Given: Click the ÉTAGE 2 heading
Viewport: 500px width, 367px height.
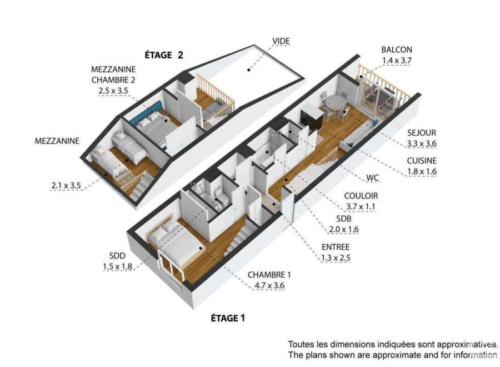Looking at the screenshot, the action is click(x=164, y=55).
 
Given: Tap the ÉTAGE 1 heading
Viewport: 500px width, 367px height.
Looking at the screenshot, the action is click(x=228, y=318).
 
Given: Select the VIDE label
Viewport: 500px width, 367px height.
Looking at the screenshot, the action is click(x=281, y=41).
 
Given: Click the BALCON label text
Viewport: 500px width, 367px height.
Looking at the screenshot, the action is click(x=397, y=50).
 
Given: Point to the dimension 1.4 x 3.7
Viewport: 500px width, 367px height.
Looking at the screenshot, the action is click(x=397, y=60).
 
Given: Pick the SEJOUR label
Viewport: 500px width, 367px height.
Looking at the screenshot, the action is click(x=422, y=133).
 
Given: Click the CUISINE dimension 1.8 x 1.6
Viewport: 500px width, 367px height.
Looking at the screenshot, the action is click(x=422, y=171).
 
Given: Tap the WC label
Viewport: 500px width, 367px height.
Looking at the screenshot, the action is click(x=373, y=178).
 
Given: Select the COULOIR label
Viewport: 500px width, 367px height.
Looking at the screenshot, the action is click(x=361, y=196).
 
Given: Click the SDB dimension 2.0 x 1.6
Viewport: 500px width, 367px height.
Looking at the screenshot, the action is click(x=344, y=229).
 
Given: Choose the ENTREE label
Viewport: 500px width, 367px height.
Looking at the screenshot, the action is click(x=336, y=247).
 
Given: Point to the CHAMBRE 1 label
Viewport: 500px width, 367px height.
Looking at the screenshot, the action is click(x=269, y=275).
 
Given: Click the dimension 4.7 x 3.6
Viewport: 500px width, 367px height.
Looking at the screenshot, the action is click(x=269, y=285).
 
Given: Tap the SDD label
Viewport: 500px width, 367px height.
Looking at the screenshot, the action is click(x=117, y=256).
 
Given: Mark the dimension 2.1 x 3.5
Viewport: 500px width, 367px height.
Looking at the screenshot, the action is click(x=66, y=185).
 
